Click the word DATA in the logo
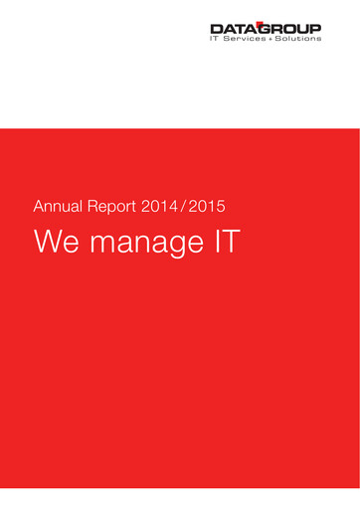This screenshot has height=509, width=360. tap(232, 30)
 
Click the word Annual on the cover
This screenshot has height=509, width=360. tap(58, 208)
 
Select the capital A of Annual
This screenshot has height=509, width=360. tap(40, 208)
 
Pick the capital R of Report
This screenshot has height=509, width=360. tap(94, 208)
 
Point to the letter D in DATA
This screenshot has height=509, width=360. tap(216, 30)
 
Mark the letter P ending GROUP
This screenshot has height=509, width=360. tap(315, 30)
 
